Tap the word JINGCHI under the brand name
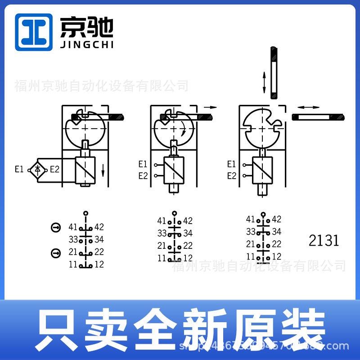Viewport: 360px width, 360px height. [x=87, y=45]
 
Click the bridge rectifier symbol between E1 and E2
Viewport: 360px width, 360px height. [x=37, y=170]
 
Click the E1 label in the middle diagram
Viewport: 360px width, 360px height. [x=143, y=164]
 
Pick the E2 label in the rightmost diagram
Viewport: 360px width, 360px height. [x=232, y=176]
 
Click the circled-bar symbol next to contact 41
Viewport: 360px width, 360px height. [x=55, y=228]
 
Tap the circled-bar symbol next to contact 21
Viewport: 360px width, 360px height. [x=55, y=253]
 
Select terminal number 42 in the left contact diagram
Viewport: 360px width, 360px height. [x=99, y=227]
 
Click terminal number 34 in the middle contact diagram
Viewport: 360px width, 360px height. [x=188, y=233]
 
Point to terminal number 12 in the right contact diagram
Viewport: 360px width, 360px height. [x=277, y=256]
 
